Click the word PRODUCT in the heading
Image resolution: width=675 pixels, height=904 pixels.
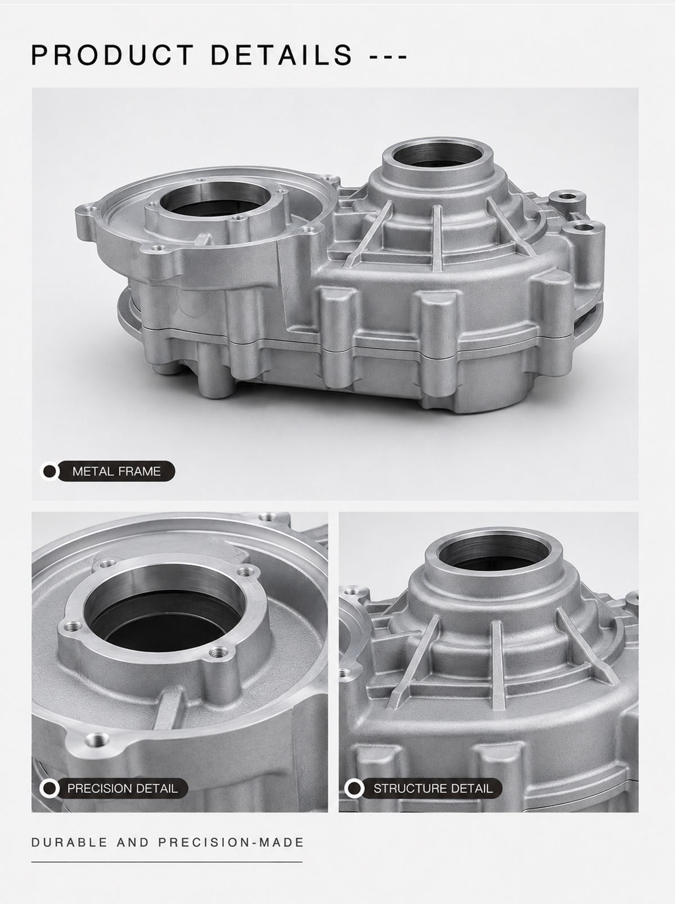coord(112,55)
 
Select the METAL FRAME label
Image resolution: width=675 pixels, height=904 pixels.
coord(116,471)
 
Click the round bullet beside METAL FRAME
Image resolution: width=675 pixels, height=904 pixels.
coord(50,471)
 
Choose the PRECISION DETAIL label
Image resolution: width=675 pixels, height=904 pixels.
coord(123,788)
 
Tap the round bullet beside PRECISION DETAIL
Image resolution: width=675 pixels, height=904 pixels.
coord(50,788)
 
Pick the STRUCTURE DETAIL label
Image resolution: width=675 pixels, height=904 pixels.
coord(433,788)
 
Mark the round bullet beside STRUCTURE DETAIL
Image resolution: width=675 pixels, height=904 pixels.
coord(354,788)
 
